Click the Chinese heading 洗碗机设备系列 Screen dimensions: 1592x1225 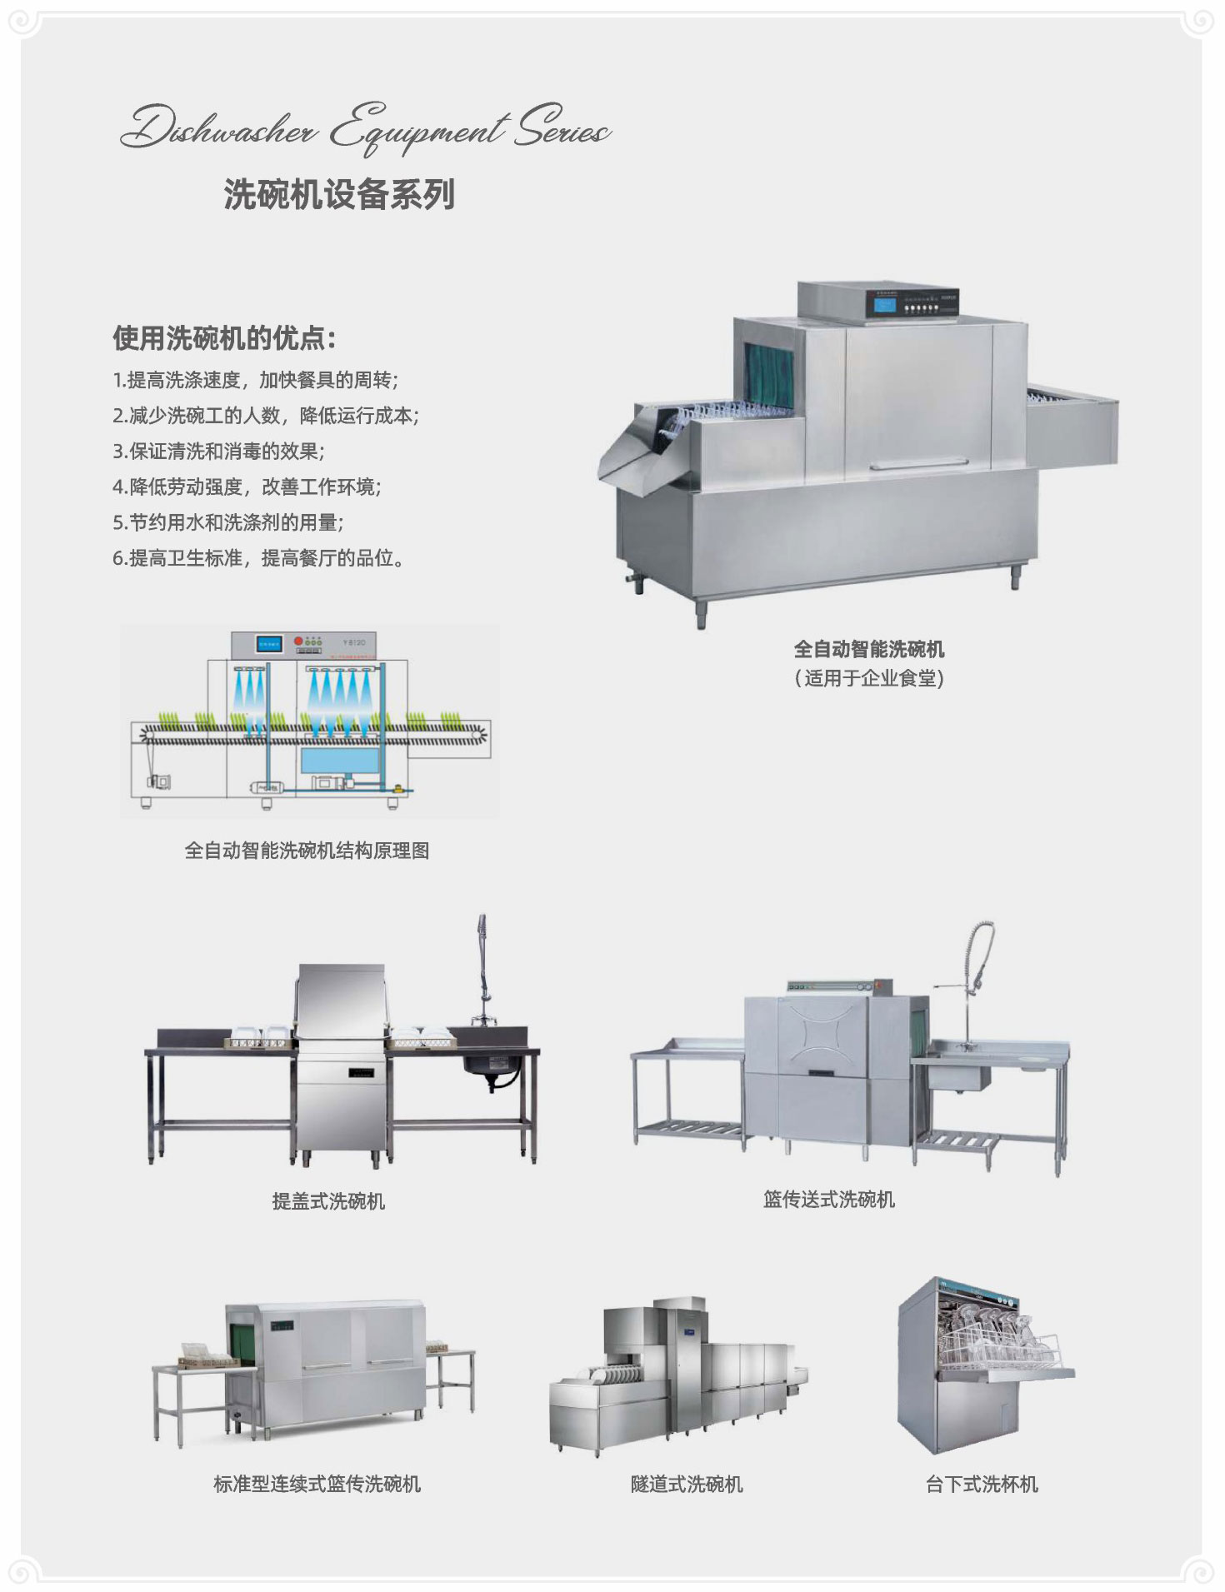point(339,194)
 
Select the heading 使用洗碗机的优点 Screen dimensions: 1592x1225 point(224,338)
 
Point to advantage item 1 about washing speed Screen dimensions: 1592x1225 point(256,381)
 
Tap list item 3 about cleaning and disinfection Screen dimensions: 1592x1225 point(218,452)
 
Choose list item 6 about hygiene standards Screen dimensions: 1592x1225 point(259,558)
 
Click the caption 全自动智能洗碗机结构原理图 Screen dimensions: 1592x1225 point(307,851)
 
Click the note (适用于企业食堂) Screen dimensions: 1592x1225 point(869,678)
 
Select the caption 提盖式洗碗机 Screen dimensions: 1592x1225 point(328,1200)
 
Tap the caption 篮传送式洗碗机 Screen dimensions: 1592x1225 point(829,1199)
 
